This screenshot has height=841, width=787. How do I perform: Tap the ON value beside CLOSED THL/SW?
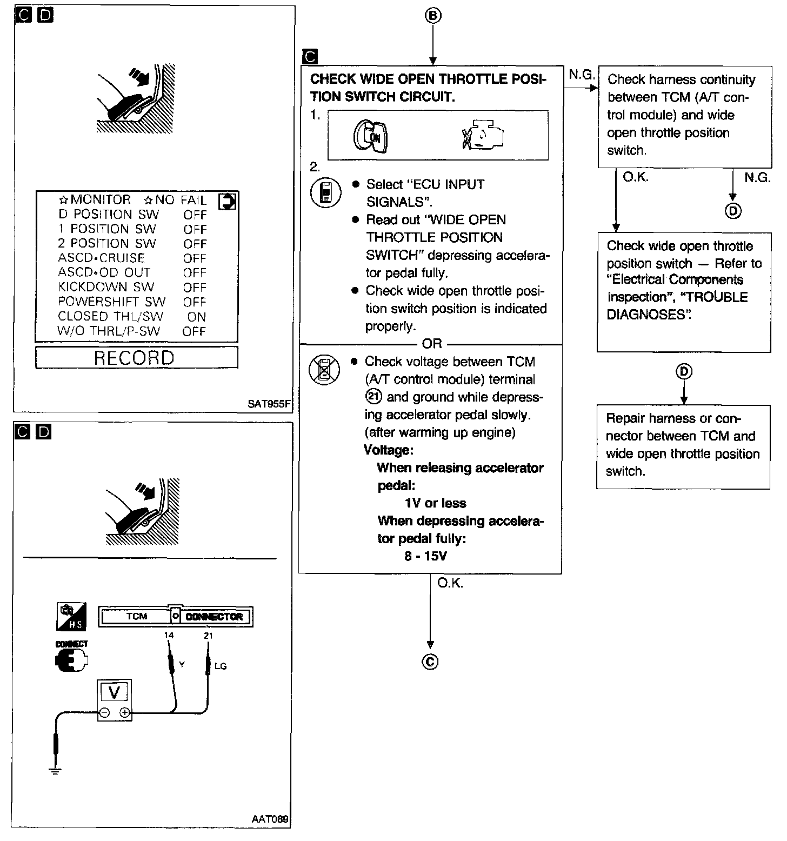click(x=197, y=317)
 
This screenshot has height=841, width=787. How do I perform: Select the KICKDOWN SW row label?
click(x=106, y=288)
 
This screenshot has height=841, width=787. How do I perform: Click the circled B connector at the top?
click(x=432, y=16)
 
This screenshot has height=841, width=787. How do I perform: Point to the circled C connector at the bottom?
click(x=430, y=662)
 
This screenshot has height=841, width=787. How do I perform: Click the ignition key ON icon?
click(x=370, y=136)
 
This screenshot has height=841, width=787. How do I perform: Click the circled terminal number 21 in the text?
click(x=374, y=397)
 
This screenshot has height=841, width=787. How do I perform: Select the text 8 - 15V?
click(x=425, y=556)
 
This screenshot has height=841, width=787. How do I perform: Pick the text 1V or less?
click(x=435, y=503)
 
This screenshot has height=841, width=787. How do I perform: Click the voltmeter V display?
click(x=115, y=692)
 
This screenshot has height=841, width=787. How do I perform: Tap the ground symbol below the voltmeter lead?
click(x=55, y=771)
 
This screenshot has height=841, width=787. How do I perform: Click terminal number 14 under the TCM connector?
click(x=169, y=636)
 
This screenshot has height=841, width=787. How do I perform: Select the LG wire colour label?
click(x=220, y=666)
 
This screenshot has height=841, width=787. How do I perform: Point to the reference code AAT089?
click(x=270, y=819)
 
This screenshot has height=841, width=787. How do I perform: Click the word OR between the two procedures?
click(x=432, y=344)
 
